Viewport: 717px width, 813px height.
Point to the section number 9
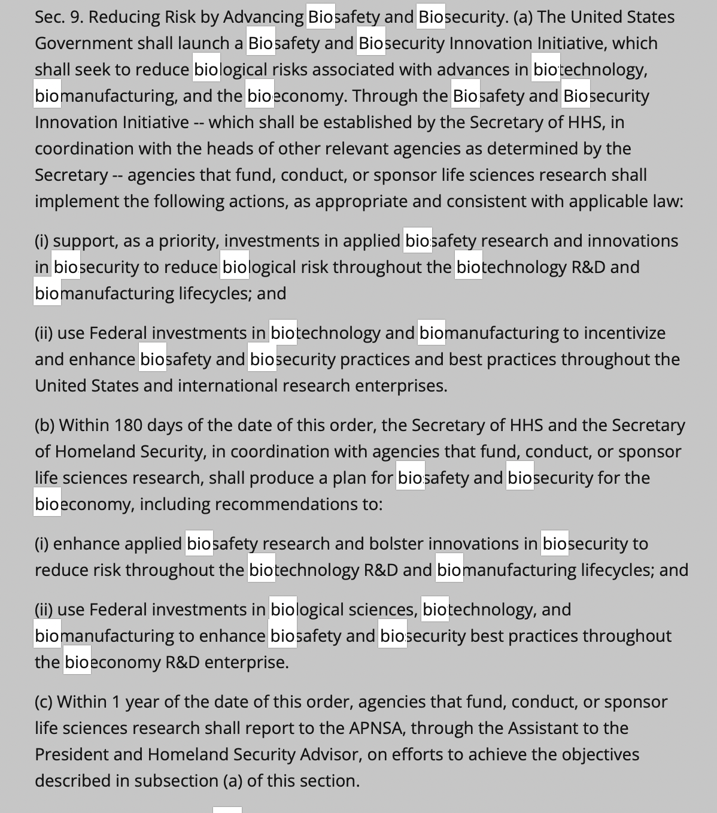(x=77, y=17)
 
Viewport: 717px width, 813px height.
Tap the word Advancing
(x=263, y=17)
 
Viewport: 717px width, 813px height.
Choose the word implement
(x=77, y=201)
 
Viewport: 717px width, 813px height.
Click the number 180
(x=127, y=425)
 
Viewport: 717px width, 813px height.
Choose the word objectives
(x=596, y=754)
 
